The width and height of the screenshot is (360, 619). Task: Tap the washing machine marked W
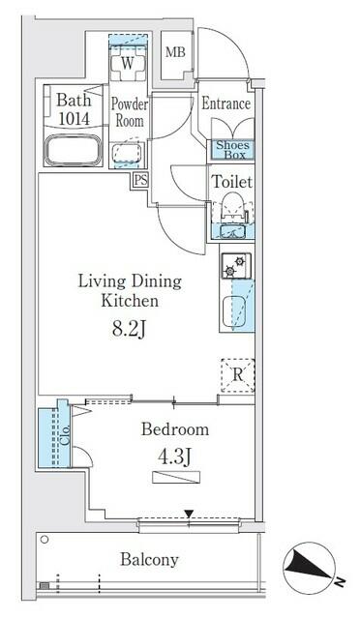[127, 64]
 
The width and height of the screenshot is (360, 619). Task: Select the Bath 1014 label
[74, 107]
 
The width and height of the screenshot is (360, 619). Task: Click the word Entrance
[226, 104]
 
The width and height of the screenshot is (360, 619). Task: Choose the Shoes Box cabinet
[231, 150]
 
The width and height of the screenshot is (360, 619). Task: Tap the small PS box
[141, 179]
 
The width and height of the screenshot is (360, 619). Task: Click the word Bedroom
[175, 429]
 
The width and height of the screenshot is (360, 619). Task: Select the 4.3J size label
[175, 455]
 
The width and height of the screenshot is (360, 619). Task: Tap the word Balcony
[149, 559]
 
